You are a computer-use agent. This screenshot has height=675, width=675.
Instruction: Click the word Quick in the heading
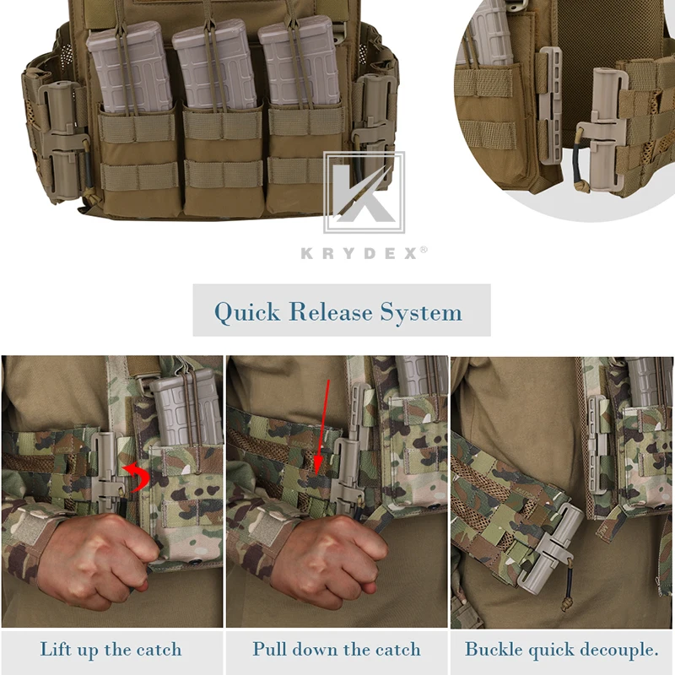click(247, 312)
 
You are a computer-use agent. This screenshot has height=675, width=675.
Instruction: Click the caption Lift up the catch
click(111, 650)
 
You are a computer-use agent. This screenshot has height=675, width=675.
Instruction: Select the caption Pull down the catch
click(336, 650)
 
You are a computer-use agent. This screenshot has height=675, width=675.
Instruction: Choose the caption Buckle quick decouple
click(562, 650)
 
